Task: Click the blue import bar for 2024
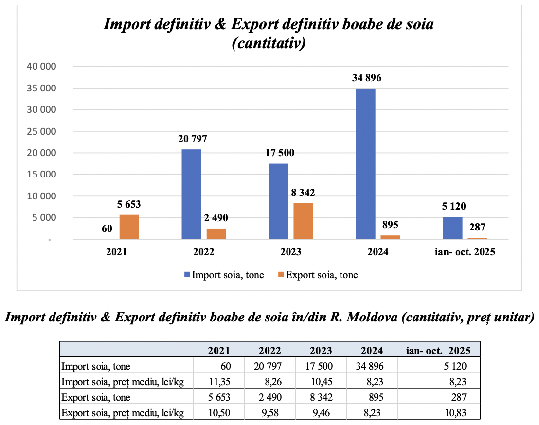(365, 163)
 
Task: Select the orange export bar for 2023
(303, 221)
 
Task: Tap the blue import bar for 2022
(191, 194)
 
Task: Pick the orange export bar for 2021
(129, 227)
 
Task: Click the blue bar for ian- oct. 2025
(452, 228)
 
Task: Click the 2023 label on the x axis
(290, 252)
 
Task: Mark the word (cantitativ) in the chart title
(269, 44)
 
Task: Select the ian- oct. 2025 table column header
(439, 350)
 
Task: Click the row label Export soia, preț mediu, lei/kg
(122, 413)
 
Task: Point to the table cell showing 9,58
(270, 413)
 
